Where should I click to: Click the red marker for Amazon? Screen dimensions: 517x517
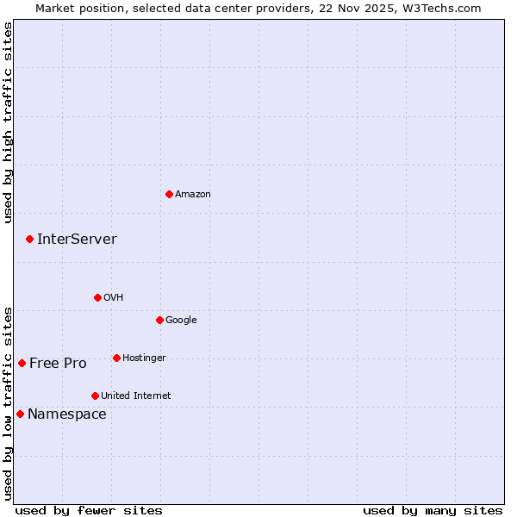[169, 194]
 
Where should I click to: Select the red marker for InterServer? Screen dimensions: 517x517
[29, 239]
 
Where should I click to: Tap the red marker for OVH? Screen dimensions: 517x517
[97, 297]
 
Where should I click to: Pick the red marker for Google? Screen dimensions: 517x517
[159, 320]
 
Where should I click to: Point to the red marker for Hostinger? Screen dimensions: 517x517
[116, 358]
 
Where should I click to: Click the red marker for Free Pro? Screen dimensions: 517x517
[22, 363]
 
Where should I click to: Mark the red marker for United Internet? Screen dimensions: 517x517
[95, 396]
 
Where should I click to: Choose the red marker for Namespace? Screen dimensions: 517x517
[20, 414]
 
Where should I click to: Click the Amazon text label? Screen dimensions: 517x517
[193, 195]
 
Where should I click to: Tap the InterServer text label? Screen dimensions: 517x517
[77, 240]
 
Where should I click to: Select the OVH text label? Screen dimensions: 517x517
[114, 298]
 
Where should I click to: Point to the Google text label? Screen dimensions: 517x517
[181, 321]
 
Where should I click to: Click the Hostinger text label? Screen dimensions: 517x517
[144, 358]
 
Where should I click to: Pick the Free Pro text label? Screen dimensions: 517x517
[58, 364]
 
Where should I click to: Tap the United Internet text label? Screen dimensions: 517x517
[136, 396]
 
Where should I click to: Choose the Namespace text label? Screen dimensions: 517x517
[67, 414]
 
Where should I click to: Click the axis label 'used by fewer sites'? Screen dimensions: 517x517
[89, 510]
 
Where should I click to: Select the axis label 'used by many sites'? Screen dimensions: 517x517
[433, 510]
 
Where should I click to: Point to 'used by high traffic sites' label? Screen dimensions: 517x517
[8, 121]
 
